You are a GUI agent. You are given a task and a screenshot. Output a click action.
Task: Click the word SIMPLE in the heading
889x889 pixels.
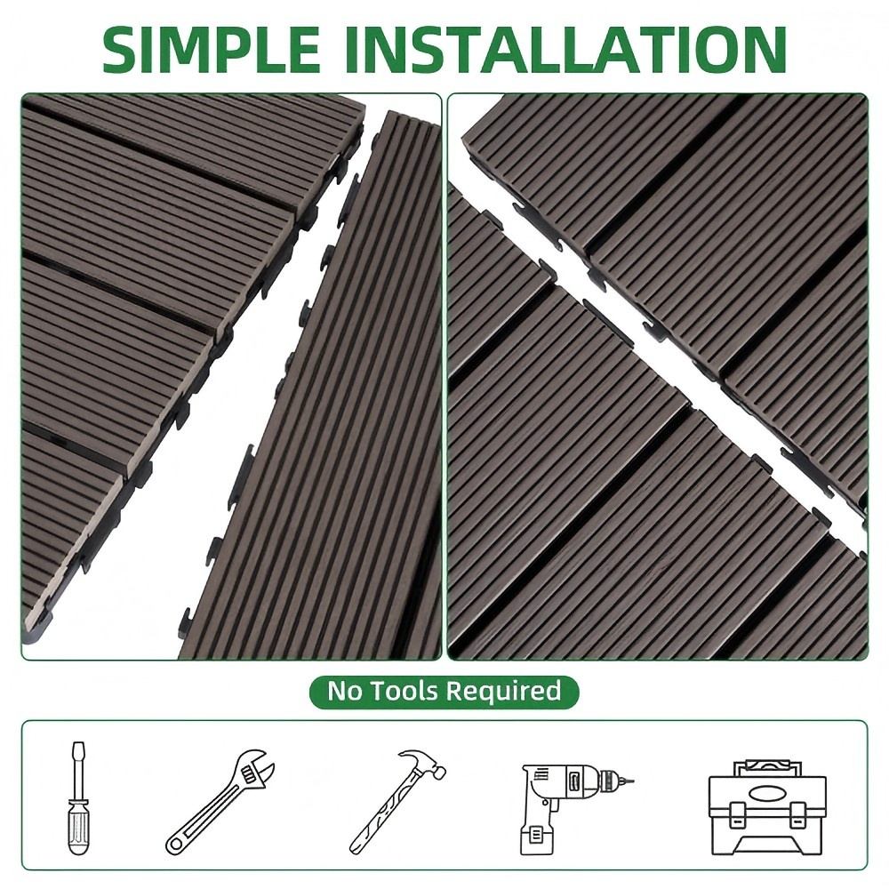pos(212,49)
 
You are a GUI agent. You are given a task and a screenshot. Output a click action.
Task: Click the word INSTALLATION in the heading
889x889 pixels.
pos(565,49)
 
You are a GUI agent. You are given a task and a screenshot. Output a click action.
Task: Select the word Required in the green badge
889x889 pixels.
pos(503,692)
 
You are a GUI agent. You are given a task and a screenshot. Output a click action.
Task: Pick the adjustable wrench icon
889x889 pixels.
pos(220,801)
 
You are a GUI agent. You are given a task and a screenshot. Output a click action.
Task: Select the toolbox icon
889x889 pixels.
pos(768,807)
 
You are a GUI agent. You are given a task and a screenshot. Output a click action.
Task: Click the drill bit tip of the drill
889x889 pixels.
pos(629,781)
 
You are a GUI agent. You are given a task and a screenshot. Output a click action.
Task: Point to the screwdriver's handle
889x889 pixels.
pos(77,826)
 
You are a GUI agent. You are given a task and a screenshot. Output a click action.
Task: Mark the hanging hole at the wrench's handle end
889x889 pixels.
pos(176,845)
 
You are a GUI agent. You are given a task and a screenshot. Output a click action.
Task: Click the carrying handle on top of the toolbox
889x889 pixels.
pos(768,768)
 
